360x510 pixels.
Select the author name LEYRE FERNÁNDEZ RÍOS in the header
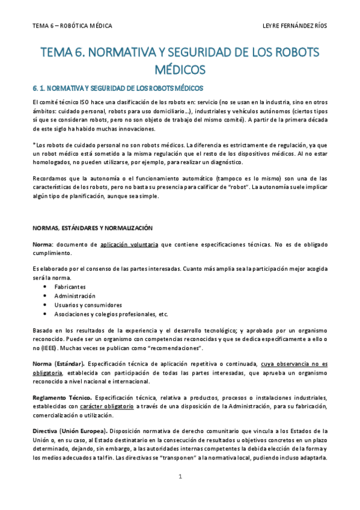point(295,26)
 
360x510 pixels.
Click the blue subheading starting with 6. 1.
point(118,88)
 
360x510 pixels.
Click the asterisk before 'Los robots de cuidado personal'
point(34,144)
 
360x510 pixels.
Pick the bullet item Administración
point(75,296)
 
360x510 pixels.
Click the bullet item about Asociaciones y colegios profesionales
point(111,314)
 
